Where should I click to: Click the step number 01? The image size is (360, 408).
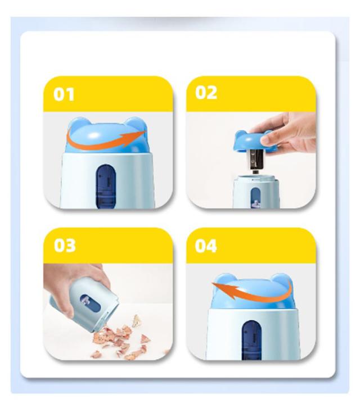(64, 94)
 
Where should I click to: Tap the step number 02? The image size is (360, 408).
(206, 92)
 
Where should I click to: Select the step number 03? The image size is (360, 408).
(65, 245)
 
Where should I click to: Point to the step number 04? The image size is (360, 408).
(206, 246)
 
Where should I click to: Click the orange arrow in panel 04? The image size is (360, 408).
(250, 293)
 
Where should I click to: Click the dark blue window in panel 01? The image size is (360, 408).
(106, 186)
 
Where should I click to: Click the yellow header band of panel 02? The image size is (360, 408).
(251, 94)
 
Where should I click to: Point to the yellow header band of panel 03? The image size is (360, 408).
(108, 246)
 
